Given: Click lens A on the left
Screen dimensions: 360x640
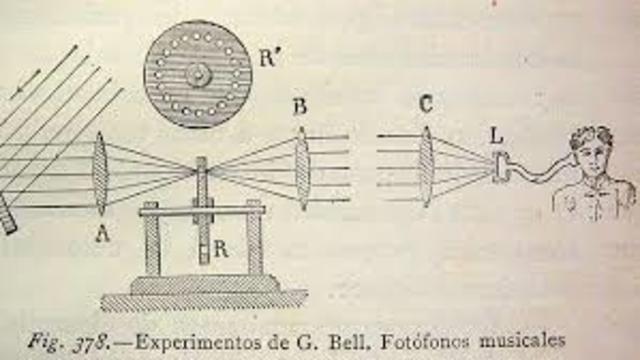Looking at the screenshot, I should (100, 172).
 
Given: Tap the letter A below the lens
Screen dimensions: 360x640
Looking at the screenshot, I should (101, 236).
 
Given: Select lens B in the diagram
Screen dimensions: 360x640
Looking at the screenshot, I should (302, 167).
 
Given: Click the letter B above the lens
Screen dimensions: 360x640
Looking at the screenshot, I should (300, 106).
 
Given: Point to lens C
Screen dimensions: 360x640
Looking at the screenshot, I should (426, 164).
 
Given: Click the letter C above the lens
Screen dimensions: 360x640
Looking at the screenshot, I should (427, 102).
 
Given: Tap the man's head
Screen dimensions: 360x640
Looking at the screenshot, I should (592, 150).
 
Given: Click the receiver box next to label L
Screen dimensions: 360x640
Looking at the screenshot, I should (500, 169).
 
